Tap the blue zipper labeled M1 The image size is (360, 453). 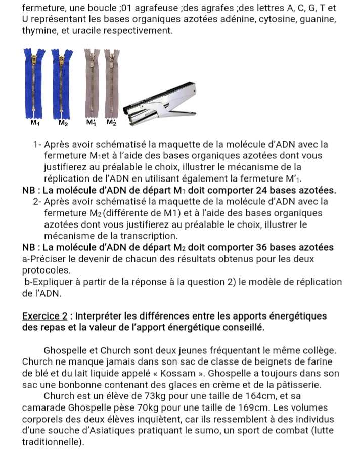point(34,83)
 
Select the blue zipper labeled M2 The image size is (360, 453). point(62,84)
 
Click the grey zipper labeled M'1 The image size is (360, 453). point(92,83)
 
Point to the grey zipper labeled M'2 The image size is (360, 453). point(112,83)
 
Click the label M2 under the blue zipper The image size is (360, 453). point(63,123)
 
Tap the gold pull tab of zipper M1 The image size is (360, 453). point(34,60)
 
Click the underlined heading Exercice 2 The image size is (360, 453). point(45,316)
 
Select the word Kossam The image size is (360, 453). point(177,373)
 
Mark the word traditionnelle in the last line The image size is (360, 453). point(50,442)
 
